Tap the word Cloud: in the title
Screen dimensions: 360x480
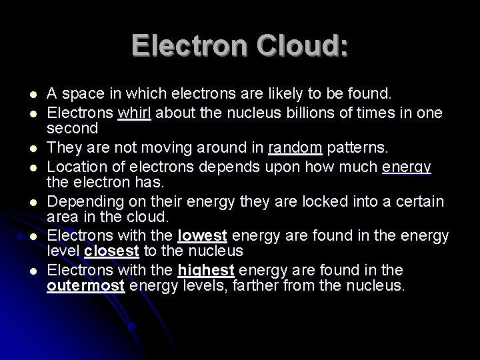point(292,46)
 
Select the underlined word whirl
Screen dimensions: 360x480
point(135,112)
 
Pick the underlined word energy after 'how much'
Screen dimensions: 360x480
point(407,164)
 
